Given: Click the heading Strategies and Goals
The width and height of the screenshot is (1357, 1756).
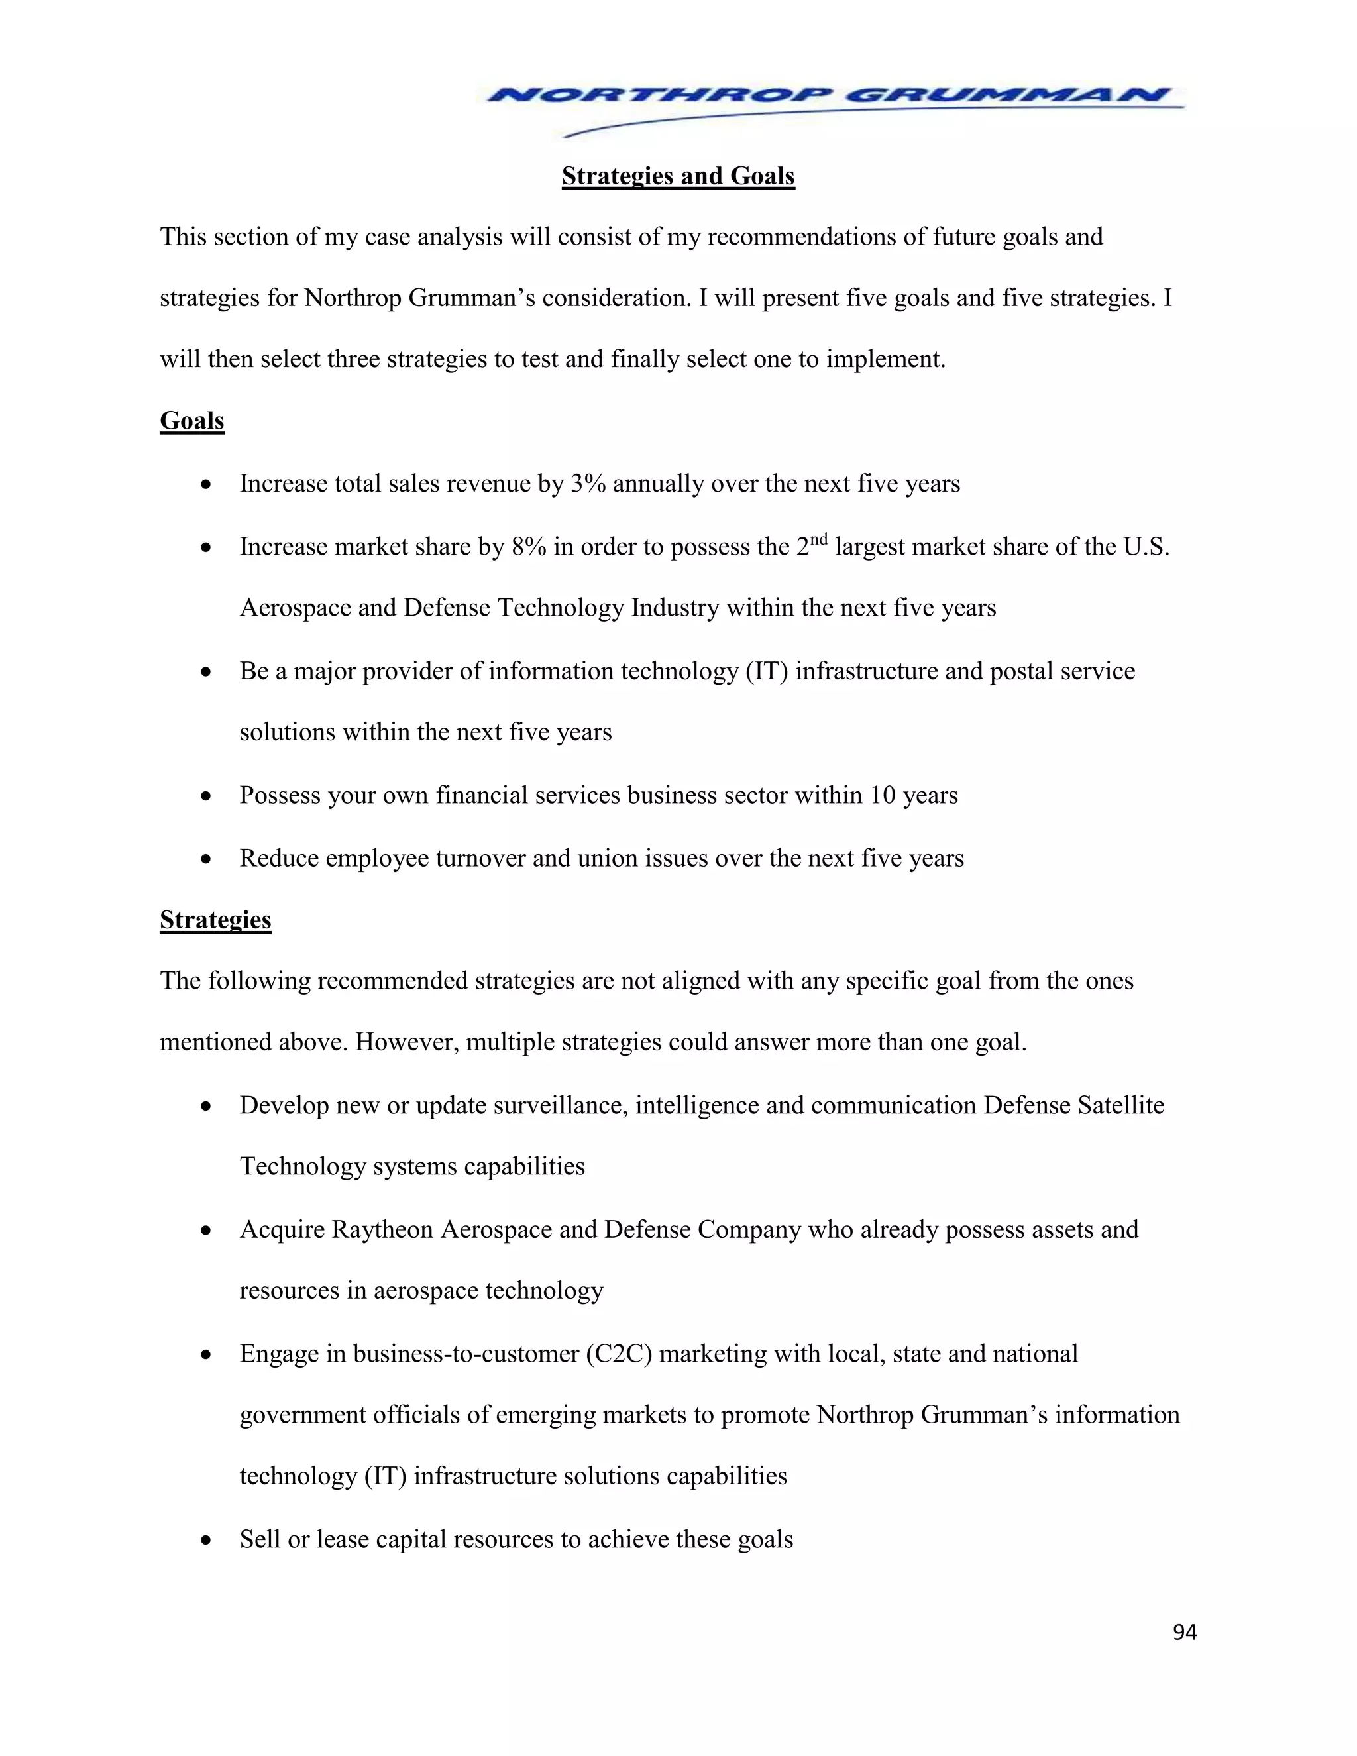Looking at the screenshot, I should pos(678,176).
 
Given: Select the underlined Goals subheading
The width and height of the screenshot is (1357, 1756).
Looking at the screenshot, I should pos(191,421).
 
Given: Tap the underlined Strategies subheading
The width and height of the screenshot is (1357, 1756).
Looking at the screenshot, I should pos(215,920).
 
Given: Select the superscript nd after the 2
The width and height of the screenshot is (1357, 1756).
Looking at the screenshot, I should pos(818,539).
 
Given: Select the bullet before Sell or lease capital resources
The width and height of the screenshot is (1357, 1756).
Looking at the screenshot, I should pos(207,1541).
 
